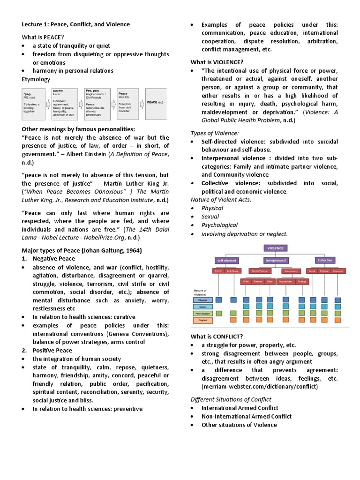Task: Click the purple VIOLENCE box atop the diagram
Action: [275, 248]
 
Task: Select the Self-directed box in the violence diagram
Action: [226, 260]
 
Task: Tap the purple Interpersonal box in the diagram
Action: [276, 260]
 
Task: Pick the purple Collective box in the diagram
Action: [324, 260]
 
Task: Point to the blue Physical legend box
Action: [202, 300]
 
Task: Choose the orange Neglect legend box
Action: [202, 321]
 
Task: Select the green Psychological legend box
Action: [202, 314]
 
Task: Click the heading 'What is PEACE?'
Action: [43, 37]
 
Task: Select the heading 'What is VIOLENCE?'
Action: [217, 62]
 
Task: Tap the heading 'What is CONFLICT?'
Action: [217, 336]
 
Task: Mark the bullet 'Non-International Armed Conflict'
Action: [246, 416]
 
